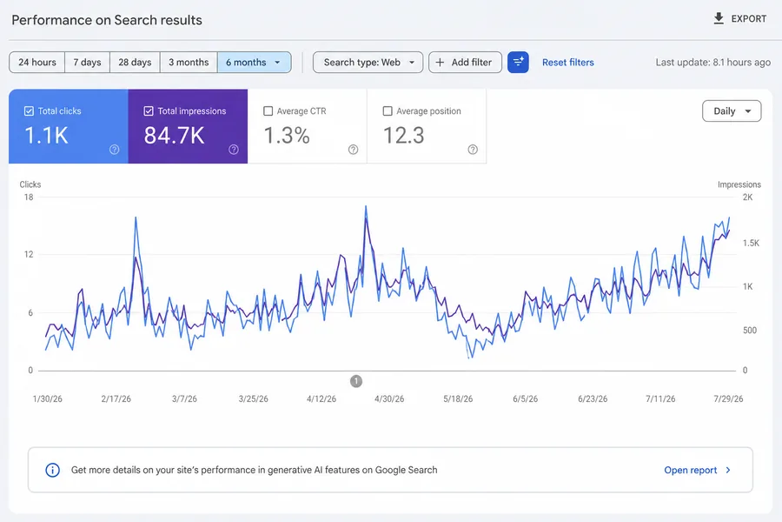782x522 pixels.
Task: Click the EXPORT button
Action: pos(739,19)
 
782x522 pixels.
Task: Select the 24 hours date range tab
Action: pos(36,63)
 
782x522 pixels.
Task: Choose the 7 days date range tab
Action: pos(87,63)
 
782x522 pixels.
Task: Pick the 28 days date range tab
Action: pos(135,63)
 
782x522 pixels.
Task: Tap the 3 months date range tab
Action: pos(189,63)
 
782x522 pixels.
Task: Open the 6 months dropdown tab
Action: pos(254,63)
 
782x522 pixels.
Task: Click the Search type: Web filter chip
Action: pos(368,63)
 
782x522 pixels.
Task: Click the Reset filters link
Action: pos(568,63)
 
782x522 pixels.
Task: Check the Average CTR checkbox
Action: pos(268,110)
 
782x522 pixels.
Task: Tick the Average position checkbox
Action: pos(388,110)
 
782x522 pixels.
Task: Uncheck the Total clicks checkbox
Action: pos(29,110)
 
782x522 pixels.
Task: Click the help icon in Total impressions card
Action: pos(234,150)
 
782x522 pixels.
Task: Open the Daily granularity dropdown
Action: pos(732,110)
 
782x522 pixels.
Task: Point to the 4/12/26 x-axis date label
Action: pos(321,398)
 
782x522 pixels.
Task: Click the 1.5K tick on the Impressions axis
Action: pos(751,244)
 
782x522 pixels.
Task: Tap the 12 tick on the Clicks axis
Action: pos(29,254)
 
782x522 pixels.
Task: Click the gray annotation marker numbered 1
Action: pos(356,381)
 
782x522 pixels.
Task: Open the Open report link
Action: pos(697,470)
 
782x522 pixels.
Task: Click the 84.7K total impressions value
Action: pos(174,136)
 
